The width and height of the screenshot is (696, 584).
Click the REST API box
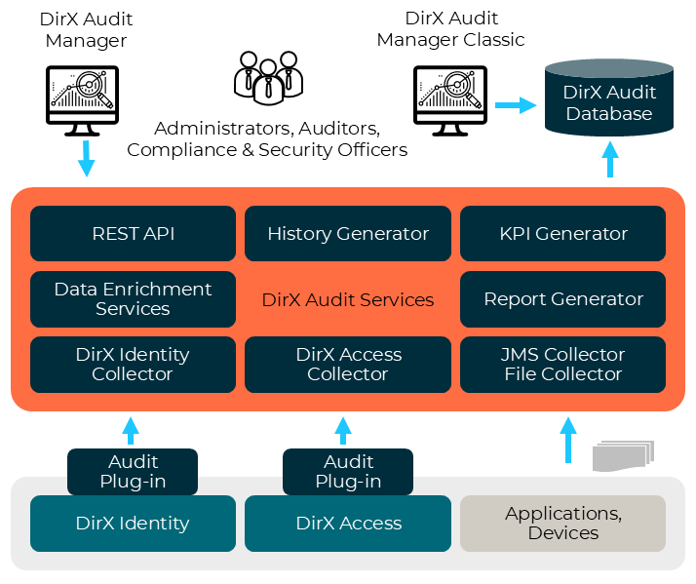coord(133,234)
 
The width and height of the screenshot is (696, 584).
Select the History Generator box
coord(348,234)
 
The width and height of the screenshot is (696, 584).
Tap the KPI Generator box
coord(563,234)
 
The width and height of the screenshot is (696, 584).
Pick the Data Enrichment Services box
coord(133,299)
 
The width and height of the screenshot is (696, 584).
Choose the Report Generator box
coord(563,299)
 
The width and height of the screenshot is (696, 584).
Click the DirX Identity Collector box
coord(133,365)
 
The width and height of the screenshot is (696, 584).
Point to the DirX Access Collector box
coord(348,365)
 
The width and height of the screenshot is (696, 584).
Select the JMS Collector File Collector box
coord(563,365)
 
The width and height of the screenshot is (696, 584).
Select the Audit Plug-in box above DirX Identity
coord(133,472)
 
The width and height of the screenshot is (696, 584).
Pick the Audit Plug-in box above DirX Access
coord(348,472)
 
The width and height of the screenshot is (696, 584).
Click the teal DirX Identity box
coord(133,524)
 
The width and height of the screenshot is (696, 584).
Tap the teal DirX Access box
coord(348,524)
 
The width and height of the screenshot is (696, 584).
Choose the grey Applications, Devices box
coord(563,524)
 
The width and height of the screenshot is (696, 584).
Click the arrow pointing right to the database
coord(516,104)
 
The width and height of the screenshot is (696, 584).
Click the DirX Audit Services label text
coord(348,300)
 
